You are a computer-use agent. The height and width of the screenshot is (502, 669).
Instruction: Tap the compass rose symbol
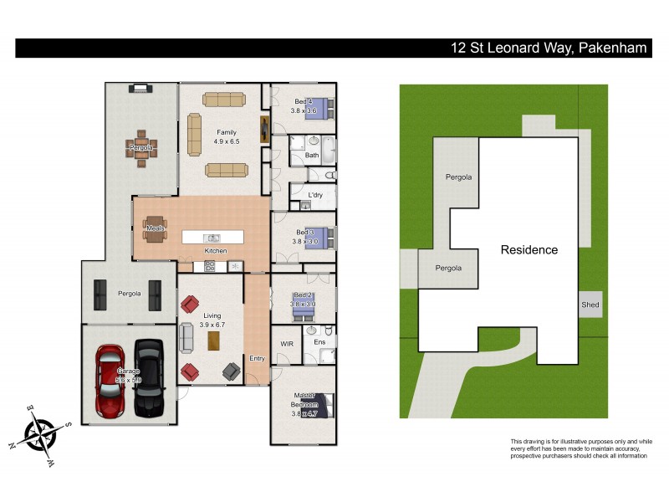pyautogui.click(x=39, y=433)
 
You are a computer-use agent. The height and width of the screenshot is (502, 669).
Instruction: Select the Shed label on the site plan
pyautogui.click(x=590, y=305)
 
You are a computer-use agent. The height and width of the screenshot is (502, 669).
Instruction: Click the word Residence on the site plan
pyautogui.click(x=529, y=249)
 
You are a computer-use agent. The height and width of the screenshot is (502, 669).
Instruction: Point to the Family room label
pyautogui.click(x=226, y=132)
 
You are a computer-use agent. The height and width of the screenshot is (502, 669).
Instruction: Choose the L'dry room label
pyautogui.click(x=315, y=196)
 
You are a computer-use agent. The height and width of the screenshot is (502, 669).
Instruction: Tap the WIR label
pyautogui.click(x=286, y=343)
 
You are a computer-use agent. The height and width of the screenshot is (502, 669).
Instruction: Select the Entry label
pyautogui.click(x=257, y=358)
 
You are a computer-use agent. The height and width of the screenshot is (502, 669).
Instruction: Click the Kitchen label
pyautogui.click(x=216, y=251)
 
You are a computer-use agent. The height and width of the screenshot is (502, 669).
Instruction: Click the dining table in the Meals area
pyautogui.click(x=155, y=228)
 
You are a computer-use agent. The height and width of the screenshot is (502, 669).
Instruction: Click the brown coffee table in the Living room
pyautogui.click(x=214, y=341)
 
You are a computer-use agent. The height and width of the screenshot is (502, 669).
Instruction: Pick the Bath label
pyautogui.click(x=312, y=155)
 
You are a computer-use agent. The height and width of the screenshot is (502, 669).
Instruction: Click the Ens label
pyautogui.click(x=319, y=342)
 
